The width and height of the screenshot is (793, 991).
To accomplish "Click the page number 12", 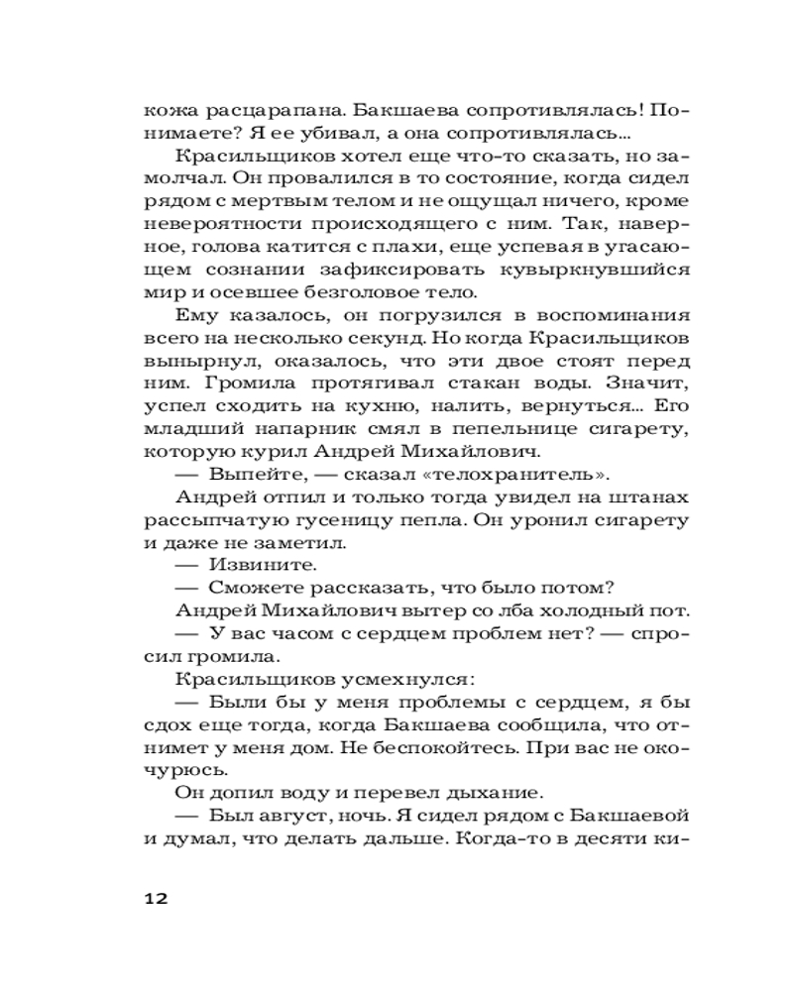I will (x=158, y=899).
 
